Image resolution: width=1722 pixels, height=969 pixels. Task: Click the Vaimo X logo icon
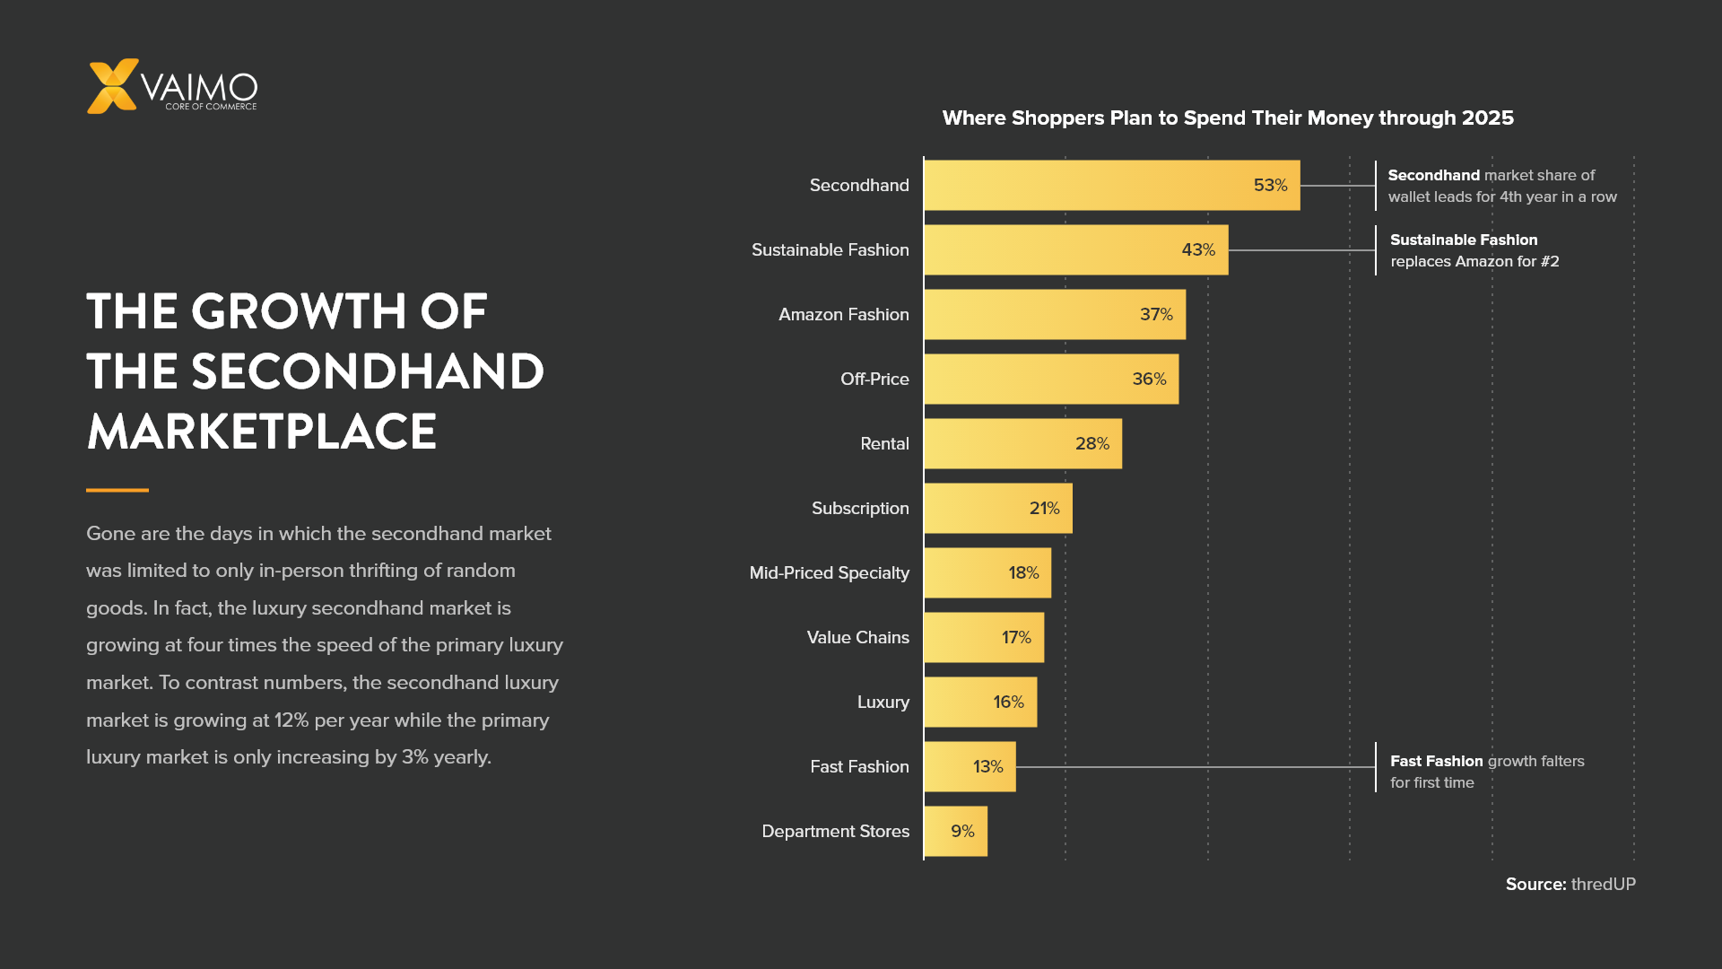(113, 86)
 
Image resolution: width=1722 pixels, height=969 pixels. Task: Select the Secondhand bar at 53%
(1112, 186)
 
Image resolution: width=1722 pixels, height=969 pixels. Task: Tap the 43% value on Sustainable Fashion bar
(1198, 250)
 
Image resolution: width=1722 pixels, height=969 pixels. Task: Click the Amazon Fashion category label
(844, 315)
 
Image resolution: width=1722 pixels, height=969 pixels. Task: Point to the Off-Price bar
(1052, 380)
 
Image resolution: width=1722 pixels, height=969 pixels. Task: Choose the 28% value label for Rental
(1092, 444)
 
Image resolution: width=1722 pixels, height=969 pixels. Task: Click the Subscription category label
(860, 509)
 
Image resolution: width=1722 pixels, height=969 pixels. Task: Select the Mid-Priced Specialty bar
(987, 573)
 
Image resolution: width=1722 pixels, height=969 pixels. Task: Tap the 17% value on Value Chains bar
(1016, 638)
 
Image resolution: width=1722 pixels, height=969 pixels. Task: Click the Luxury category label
(883, 703)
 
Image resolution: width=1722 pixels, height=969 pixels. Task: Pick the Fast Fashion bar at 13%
(970, 767)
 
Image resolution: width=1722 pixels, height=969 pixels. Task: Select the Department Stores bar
(956, 832)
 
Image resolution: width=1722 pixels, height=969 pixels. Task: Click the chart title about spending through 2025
(1228, 118)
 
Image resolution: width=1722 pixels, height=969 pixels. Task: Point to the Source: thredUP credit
(1570, 885)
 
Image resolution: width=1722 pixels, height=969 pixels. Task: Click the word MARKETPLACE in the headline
(262, 432)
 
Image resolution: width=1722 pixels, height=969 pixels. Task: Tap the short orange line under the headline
(117, 490)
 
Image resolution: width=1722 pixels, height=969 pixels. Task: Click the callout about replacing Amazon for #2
(1474, 251)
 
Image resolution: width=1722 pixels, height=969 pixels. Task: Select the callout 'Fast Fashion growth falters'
(1487, 772)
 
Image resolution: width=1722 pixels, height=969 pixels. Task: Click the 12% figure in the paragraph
(291, 720)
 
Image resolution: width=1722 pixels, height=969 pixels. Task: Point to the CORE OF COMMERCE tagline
(211, 107)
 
